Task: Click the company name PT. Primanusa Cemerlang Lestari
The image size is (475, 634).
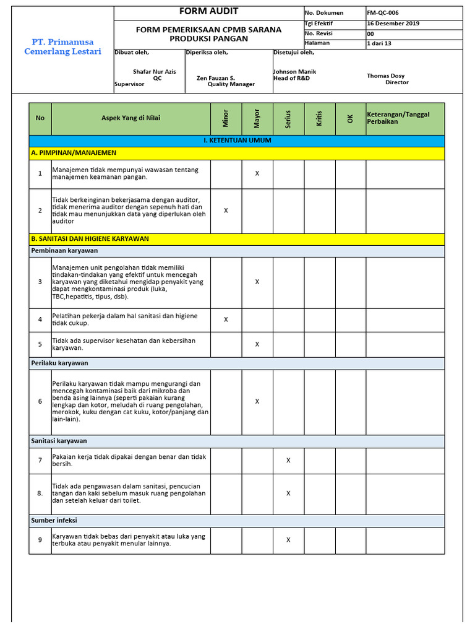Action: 62,46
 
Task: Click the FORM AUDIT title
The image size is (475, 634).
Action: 208,12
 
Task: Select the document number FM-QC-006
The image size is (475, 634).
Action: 382,12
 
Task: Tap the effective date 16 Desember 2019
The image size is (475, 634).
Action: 393,23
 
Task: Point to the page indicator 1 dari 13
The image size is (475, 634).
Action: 379,43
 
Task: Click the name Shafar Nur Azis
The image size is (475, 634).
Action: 155,72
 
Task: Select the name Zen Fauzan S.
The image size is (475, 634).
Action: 216,79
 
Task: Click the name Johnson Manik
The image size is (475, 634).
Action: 294,72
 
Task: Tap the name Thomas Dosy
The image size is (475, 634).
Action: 386,76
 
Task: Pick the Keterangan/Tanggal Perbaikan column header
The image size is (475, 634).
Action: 398,118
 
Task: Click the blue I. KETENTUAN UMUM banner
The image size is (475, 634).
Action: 237,141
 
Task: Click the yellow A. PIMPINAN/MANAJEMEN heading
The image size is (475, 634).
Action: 74,153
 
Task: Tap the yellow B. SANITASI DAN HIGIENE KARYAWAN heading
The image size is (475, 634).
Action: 90,238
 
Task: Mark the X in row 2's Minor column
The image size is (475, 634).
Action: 226,211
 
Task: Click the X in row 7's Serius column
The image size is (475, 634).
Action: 288,461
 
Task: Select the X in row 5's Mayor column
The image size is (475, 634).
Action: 257,344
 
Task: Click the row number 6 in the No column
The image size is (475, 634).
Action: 40,401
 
